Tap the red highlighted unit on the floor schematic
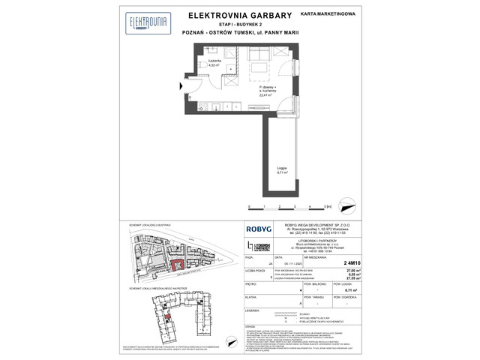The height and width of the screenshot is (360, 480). [x=169, y=319]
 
